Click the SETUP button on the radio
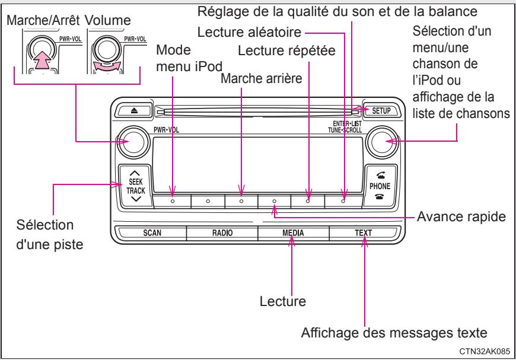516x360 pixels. (379, 110)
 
